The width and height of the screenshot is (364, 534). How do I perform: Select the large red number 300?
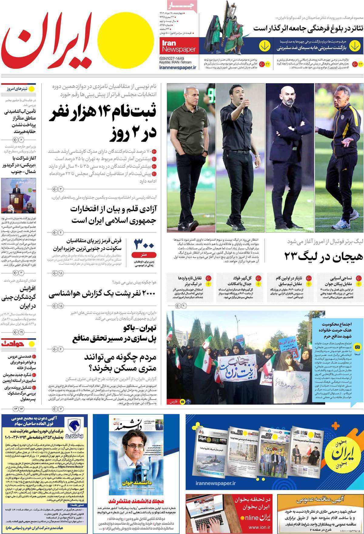[144, 244]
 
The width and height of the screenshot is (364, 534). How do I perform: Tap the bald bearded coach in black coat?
[288, 152]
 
